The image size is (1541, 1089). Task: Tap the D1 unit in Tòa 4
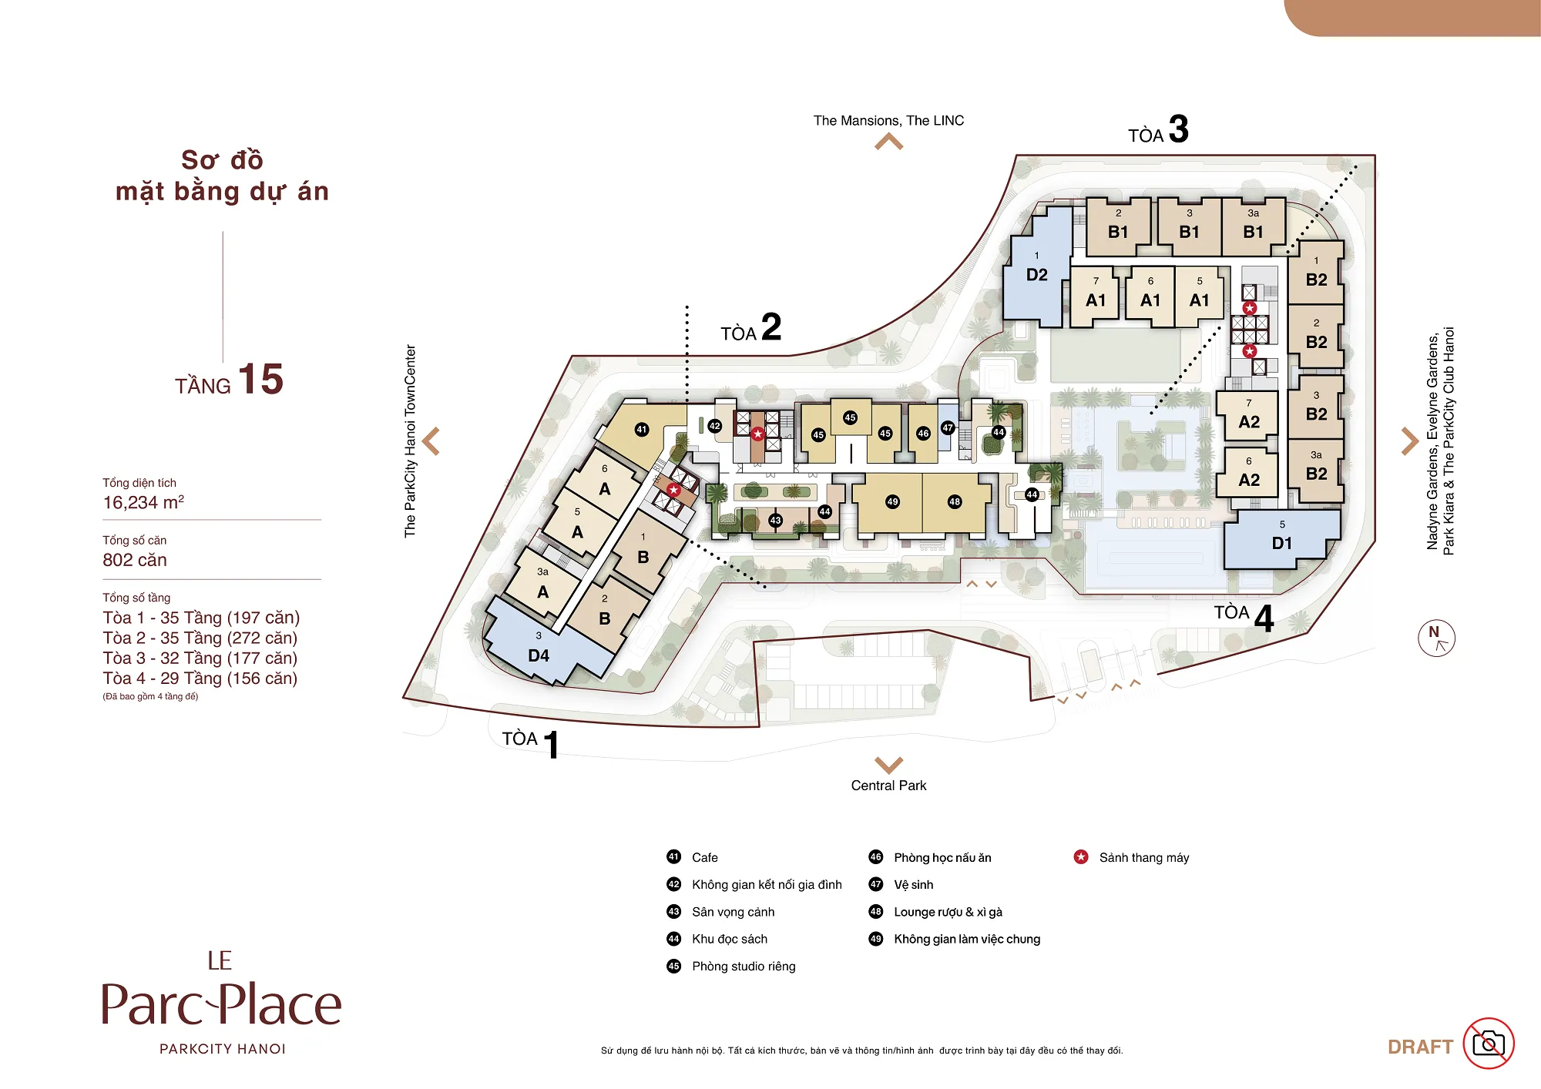coord(1281,539)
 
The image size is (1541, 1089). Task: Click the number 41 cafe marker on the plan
coord(642,430)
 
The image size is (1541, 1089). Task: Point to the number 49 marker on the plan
coord(892,501)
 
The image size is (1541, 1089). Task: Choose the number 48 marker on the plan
coord(955,501)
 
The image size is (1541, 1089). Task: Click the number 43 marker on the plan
coord(775,521)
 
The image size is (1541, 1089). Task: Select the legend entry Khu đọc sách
coord(730,939)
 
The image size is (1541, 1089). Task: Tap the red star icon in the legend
coord(1081,856)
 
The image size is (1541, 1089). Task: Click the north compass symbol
coord(1436,638)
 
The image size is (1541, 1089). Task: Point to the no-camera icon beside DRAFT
coord(1489,1044)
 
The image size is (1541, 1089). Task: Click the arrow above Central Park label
coord(889,765)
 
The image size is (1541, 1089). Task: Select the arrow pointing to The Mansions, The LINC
coord(889,141)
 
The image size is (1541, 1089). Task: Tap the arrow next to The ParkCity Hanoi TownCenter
coord(431,441)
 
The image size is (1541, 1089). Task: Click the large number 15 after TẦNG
coord(260,379)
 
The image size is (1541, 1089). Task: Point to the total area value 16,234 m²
coord(143,502)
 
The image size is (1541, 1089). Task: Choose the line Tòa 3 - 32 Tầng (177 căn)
coord(200,658)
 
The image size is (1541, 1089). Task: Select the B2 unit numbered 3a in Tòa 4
coord(1316,470)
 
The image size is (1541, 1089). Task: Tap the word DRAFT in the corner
coord(1420,1047)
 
